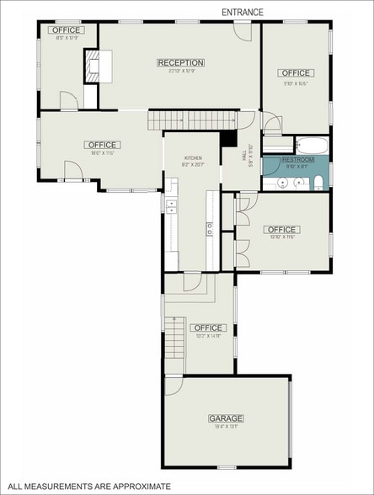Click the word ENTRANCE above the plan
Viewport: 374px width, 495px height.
243,13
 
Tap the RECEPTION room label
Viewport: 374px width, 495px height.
180,62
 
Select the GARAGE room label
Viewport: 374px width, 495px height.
225,418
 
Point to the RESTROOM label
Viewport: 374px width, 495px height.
298,160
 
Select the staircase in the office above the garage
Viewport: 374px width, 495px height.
174,336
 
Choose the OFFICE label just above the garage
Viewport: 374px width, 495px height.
207,327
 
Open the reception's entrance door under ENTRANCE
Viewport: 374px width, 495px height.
242,31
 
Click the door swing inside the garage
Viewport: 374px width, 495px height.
173,386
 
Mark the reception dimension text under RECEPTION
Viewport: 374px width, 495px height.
180,72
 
